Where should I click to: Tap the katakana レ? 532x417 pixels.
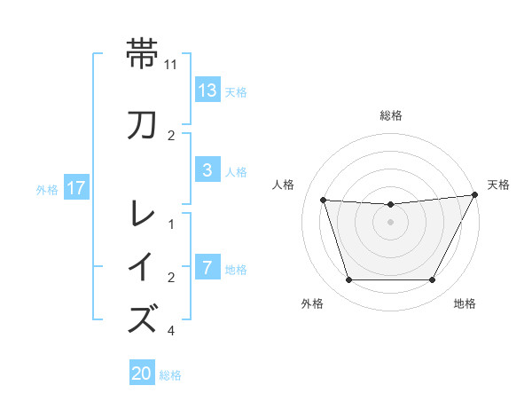coord(143,213)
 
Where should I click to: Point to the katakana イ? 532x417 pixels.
coord(143,266)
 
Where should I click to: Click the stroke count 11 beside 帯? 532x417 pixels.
coord(171,65)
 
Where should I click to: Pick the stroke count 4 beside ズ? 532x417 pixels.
coord(171,331)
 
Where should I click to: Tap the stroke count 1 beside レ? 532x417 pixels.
coord(171,224)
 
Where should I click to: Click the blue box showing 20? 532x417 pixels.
coord(142,374)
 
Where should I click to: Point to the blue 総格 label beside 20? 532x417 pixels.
coord(170,375)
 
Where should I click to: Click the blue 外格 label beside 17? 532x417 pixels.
coord(46,189)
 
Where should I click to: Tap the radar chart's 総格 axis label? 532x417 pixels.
coord(390,115)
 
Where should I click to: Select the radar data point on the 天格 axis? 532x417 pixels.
coord(475,195)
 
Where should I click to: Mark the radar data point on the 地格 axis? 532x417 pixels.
coord(432,280)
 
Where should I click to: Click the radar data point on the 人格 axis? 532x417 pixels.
coord(323,201)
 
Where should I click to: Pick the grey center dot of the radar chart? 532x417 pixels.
coord(390,223)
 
